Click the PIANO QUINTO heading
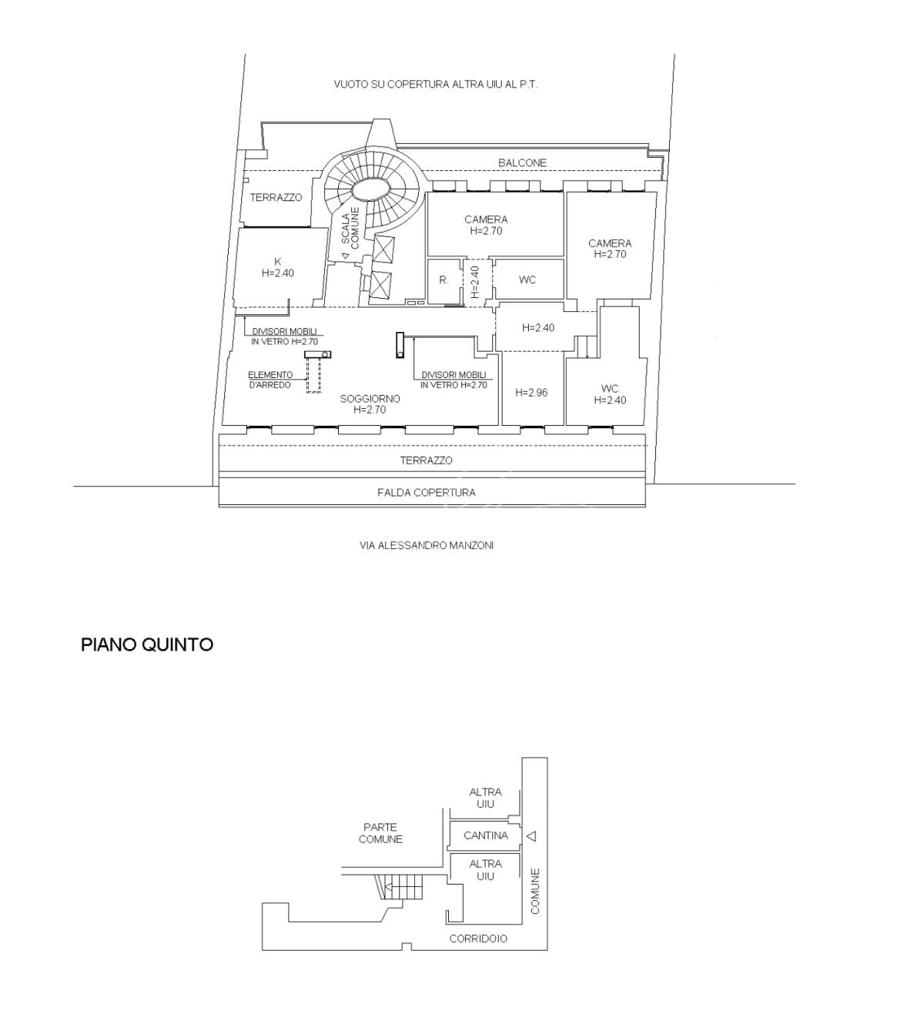tap(147, 645)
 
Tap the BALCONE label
tap(522, 162)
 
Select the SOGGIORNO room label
tap(370, 398)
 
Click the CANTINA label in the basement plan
tap(486, 835)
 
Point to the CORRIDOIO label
tap(478, 939)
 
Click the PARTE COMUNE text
tap(381, 833)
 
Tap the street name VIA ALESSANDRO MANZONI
tap(427, 545)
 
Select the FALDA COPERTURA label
tap(427, 492)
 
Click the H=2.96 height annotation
tap(531, 393)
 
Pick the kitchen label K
tap(278, 262)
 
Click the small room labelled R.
tap(444, 280)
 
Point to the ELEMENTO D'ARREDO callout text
tap(270, 380)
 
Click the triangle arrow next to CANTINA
tap(531, 836)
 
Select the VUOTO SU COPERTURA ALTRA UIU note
tap(436, 85)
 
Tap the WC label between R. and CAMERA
tap(527, 280)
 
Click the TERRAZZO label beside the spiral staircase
tap(276, 198)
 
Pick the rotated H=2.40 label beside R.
tap(474, 282)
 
